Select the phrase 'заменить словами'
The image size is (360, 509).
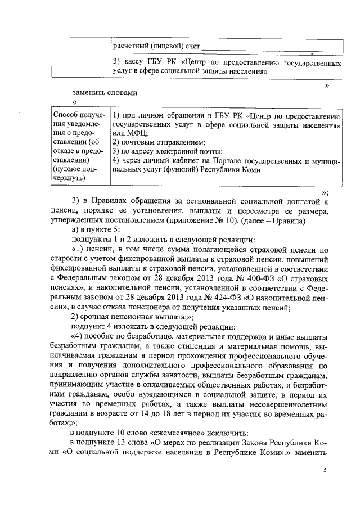105,92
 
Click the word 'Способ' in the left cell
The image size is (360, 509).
65,114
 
